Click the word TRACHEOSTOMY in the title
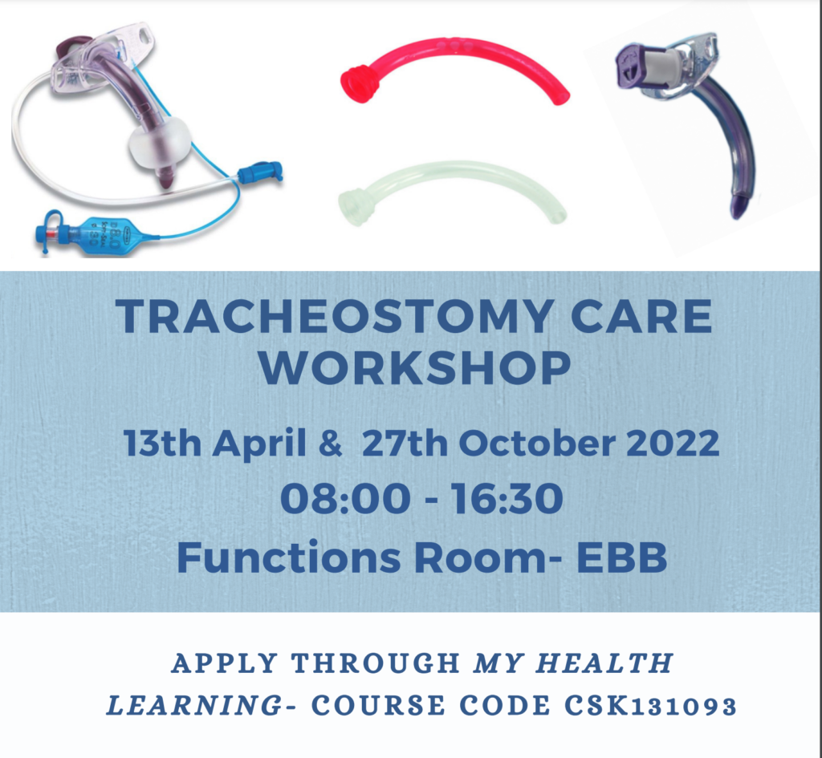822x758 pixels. coord(333,316)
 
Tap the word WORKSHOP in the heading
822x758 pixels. coord(415,367)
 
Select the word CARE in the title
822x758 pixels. coord(641,316)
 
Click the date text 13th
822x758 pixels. coord(162,444)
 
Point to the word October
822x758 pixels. coord(537,444)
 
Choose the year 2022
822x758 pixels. coord(673,444)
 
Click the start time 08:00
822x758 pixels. coord(345,499)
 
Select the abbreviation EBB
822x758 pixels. coord(622,557)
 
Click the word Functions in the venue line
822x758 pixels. coord(289,557)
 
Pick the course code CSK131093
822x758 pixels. coord(650,705)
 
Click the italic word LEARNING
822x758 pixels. coord(194,705)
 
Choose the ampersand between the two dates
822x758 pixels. coord(330,444)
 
